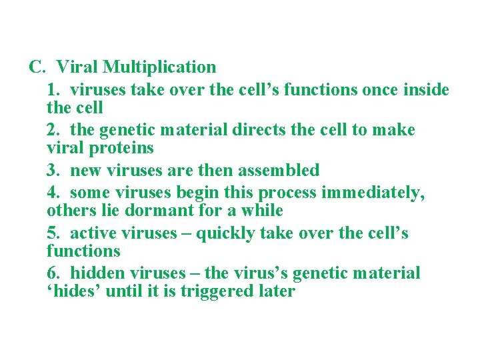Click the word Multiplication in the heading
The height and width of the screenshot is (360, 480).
coord(160,67)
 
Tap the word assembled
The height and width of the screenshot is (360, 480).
coord(277,170)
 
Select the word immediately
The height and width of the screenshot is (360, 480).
coord(373,193)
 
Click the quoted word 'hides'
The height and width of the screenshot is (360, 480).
coord(74,291)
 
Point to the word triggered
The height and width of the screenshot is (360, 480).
coord(217,291)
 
